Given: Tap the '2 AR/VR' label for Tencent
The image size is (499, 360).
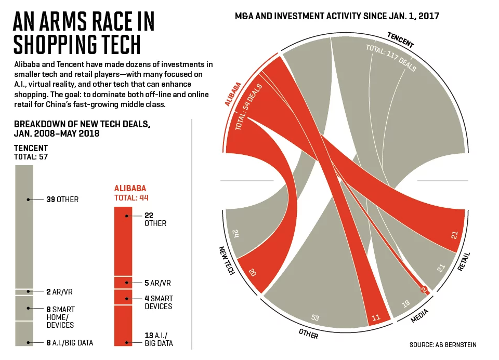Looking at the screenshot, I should (x=59, y=292).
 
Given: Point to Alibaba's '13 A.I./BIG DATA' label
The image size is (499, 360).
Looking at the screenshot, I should (x=159, y=339).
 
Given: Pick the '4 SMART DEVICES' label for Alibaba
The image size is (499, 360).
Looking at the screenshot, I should (x=159, y=302).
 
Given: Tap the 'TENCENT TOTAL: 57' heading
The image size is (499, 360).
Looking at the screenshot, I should (x=31, y=152).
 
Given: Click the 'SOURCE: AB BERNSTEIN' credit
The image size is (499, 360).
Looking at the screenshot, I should (x=443, y=344).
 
